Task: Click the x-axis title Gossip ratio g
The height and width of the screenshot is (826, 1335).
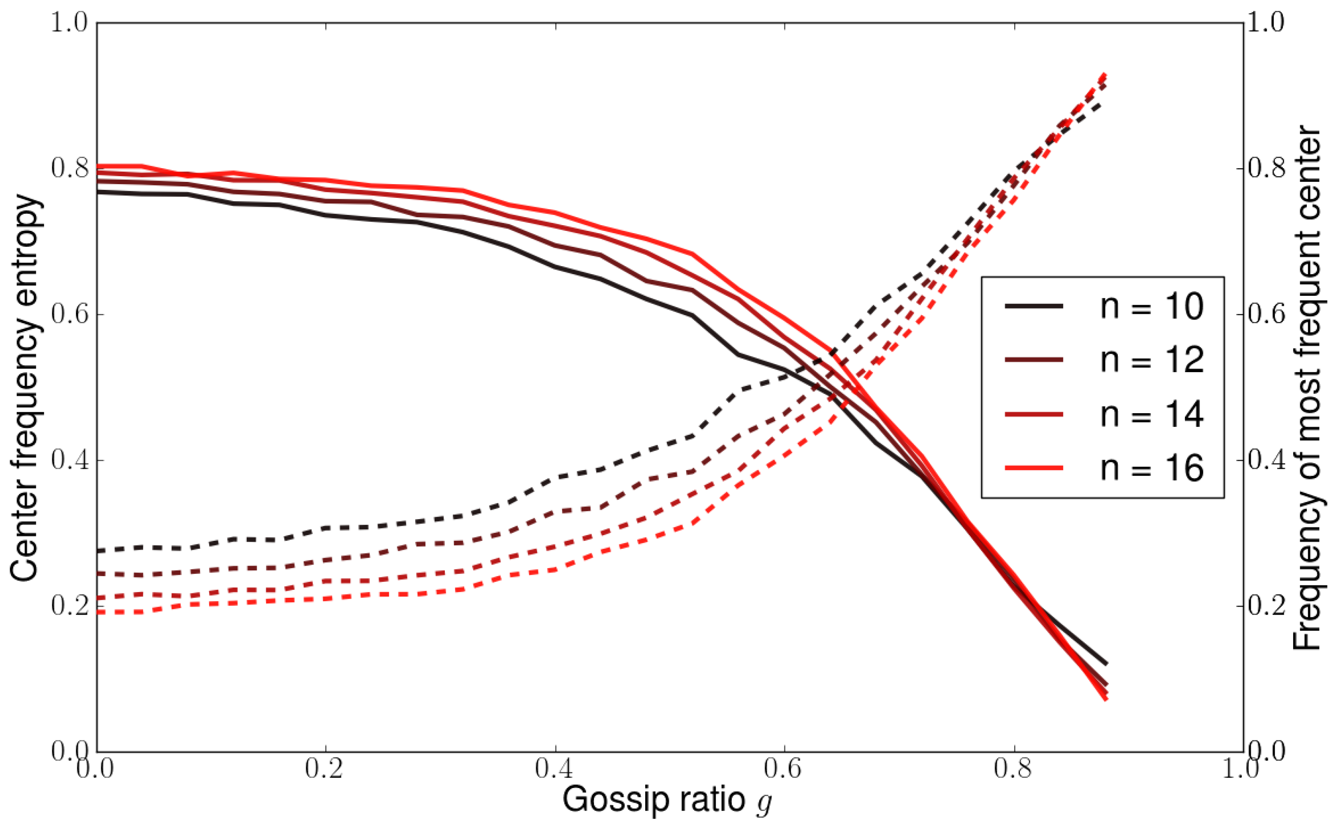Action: tap(667, 800)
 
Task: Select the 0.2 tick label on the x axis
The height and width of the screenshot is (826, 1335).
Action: tap(325, 768)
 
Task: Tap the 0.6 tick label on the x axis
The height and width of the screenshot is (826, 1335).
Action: tap(784, 768)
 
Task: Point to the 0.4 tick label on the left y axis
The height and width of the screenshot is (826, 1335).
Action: tap(71, 460)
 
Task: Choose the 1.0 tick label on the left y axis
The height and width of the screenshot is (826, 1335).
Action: tap(71, 23)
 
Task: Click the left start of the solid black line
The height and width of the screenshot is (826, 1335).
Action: tap(98, 192)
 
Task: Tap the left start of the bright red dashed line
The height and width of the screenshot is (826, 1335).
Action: tap(98, 612)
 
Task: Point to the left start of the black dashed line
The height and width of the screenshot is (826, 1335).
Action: tap(98, 551)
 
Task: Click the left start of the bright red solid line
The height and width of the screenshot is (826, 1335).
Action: tap(98, 166)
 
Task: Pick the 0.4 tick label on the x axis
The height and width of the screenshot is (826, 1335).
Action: tap(555, 768)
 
